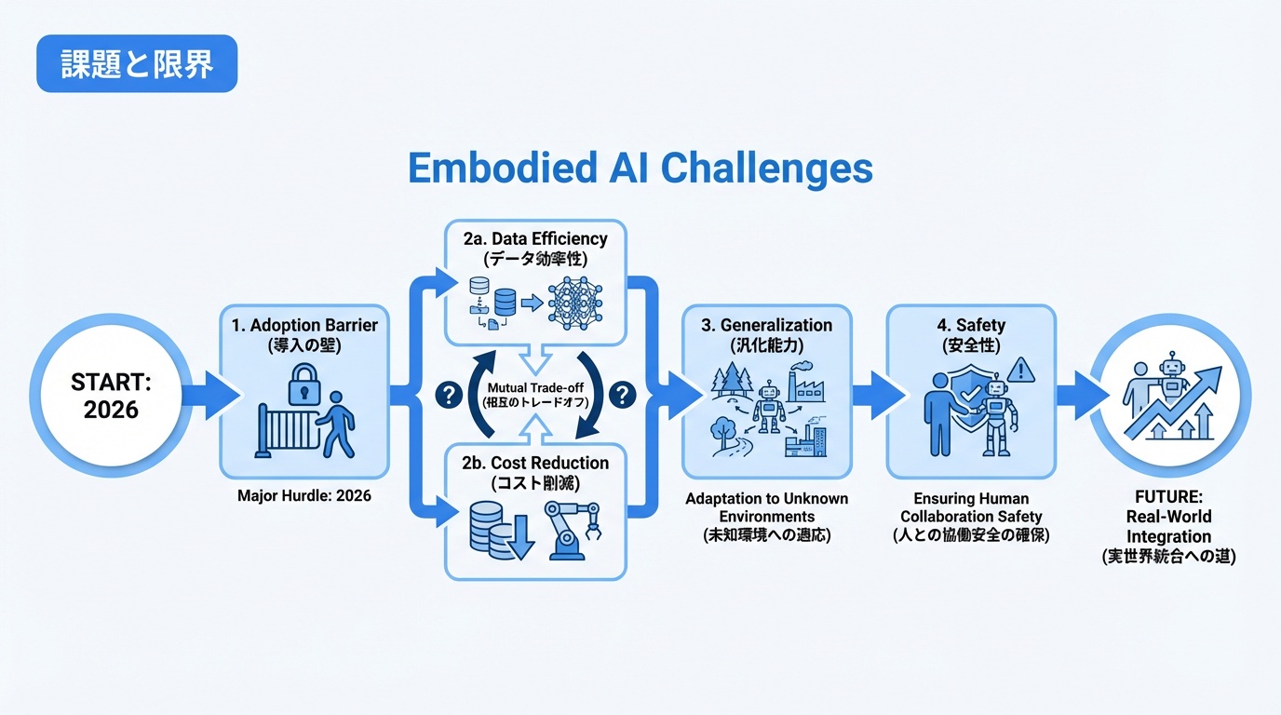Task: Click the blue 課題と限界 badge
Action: click(137, 64)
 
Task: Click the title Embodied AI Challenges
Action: click(640, 169)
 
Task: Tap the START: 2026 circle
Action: click(111, 395)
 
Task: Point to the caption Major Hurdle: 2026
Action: click(304, 495)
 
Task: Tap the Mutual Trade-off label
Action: click(529, 388)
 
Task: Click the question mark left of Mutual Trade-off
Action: click(449, 395)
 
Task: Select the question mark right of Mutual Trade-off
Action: click(621, 395)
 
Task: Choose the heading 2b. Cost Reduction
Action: click(536, 463)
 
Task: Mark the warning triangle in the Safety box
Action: click(1020, 371)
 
